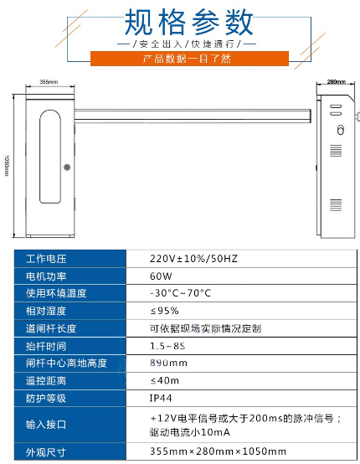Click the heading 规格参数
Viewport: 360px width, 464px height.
click(188, 22)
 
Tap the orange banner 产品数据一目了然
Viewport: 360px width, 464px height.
click(189, 59)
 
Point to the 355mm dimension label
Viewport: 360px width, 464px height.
click(49, 82)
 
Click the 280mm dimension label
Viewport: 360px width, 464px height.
click(336, 81)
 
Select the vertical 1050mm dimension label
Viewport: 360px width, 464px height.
click(7, 166)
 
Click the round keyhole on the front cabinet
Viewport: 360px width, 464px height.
click(67, 168)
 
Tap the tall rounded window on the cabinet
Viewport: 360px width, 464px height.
click(50, 157)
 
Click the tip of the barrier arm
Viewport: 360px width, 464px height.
click(311, 116)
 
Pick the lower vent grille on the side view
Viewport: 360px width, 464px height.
click(336, 205)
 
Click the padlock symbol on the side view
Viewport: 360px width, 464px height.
click(341, 130)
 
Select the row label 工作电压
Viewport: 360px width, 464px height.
click(46, 259)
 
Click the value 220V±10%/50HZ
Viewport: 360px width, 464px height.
click(193, 259)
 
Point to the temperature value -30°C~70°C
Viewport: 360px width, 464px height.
click(180, 293)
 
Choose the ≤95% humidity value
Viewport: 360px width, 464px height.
click(164, 311)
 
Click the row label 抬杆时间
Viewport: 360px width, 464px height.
click(46, 346)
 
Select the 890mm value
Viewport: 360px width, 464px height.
click(168, 363)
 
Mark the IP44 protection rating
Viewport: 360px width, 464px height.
click(161, 398)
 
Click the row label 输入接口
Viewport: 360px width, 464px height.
click(46, 425)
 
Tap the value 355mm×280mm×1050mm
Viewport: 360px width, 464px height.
click(218, 451)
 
